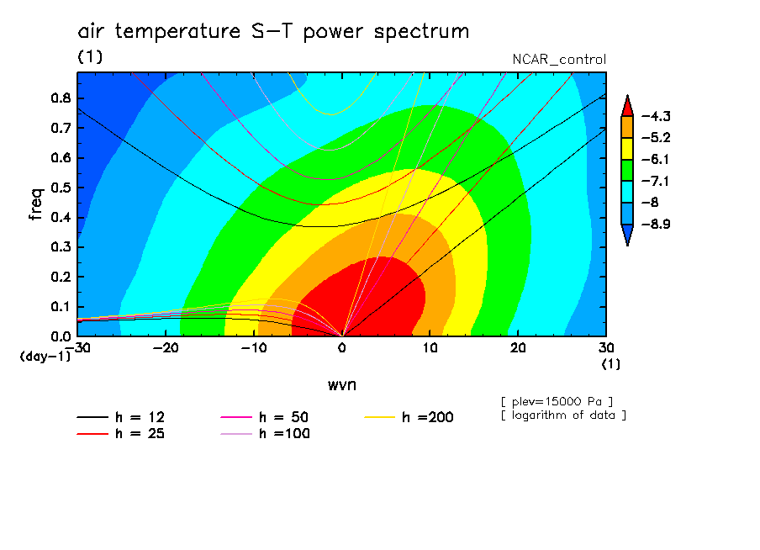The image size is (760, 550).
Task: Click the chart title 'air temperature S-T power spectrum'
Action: [273, 32]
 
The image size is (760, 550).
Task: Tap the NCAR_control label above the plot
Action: [559, 60]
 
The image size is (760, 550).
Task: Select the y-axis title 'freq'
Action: [36, 204]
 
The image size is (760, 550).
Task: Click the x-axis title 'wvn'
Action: [342, 385]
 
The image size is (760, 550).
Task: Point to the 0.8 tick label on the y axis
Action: [61, 98]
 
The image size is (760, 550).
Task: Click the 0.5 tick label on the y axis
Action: [61, 188]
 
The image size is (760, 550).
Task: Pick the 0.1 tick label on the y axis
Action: [61, 306]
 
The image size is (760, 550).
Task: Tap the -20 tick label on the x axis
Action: [166, 348]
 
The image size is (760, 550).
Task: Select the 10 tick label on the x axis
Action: [430, 348]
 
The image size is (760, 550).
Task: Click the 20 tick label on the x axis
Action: [518, 348]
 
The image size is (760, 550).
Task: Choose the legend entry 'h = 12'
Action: [121, 417]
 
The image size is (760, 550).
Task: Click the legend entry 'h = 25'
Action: [121, 433]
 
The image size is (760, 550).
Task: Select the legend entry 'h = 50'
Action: [264, 417]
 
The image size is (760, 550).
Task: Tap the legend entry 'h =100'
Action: [265, 433]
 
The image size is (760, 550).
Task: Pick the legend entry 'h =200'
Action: [409, 417]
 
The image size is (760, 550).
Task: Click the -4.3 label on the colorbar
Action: [656, 116]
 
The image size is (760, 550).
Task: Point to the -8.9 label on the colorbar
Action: [656, 224]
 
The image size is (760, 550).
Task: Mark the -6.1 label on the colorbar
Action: [656, 160]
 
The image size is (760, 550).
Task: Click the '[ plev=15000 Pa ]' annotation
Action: [557, 402]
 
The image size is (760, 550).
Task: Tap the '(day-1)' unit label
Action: [45, 357]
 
